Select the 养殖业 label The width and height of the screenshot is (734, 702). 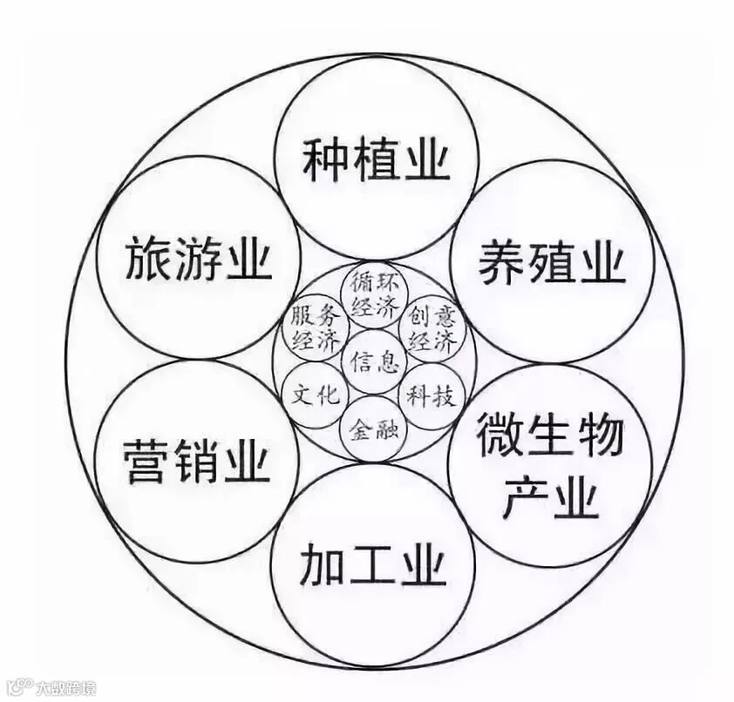click(551, 260)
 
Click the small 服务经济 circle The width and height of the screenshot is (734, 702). click(316, 327)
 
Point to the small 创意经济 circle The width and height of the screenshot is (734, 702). click(432, 327)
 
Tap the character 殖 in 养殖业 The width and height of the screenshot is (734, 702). click(551, 260)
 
